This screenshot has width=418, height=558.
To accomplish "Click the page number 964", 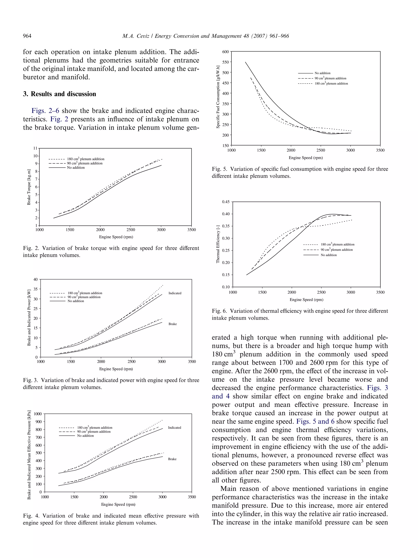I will (27, 36).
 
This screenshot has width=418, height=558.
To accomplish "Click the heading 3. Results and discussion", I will (59, 94).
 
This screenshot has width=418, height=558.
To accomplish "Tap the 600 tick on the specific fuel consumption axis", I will (225, 52).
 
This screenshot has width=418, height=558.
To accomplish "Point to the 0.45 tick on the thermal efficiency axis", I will (226, 202).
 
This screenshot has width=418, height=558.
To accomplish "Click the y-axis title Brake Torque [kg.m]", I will (29, 187).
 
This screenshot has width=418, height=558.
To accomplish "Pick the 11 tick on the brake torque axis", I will (35, 148).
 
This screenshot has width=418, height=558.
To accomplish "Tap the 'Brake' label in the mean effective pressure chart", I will (172, 459).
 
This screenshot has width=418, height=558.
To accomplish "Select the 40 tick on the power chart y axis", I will (36, 279).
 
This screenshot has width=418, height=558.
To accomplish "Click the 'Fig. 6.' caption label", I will (219, 311).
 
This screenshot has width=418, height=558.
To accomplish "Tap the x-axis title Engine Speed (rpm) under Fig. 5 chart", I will (305, 158).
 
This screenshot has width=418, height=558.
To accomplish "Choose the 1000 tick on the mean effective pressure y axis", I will (38, 414).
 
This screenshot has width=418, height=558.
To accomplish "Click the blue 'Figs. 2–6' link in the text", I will (45, 111).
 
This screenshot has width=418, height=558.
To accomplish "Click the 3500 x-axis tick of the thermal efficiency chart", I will (380, 292).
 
